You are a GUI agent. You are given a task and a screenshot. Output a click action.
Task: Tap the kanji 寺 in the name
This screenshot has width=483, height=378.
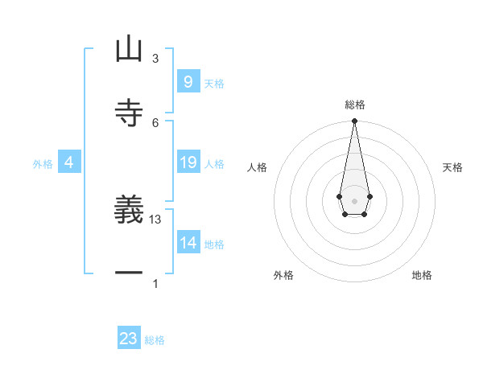(x=129, y=112)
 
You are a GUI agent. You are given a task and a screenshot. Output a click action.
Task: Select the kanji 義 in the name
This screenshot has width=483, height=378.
(x=129, y=210)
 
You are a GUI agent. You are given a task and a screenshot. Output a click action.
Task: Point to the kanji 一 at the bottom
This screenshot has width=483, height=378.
(x=129, y=273)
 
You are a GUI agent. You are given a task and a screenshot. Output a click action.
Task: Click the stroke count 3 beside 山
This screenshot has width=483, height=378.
(x=155, y=58)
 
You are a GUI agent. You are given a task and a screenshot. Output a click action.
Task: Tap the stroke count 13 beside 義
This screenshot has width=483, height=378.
(x=156, y=220)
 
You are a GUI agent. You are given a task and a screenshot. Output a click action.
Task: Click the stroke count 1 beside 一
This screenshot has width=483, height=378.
(x=155, y=283)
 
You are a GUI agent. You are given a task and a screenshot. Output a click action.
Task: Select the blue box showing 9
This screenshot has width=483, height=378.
(x=188, y=81)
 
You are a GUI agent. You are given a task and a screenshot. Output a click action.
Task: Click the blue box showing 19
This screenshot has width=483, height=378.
(x=188, y=162)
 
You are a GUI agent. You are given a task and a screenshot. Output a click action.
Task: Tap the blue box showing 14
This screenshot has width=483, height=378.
(x=188, y=242)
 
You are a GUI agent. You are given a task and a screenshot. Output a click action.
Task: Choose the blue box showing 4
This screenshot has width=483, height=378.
(x=68, y=162)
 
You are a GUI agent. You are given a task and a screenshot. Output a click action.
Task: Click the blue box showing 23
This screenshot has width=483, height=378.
(x=129, y=339)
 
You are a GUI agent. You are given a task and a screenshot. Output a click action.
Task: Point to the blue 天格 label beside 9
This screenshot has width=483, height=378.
(x=214, y=84)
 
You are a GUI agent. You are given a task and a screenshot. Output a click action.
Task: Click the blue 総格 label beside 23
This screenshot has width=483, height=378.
(x=155, y=341)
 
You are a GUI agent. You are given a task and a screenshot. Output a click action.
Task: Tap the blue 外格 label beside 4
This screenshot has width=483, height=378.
(x=43, y=164)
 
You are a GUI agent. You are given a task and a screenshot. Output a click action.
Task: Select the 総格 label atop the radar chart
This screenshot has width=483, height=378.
(x=354, y=105)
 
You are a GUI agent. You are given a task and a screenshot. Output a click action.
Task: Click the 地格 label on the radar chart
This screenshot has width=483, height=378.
(x=422, y=275)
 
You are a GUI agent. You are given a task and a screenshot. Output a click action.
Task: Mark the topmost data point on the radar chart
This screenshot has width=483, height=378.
(x=354, y=121)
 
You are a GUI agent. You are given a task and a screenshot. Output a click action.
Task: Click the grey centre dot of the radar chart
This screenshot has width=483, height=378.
(x=354, y=200)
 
